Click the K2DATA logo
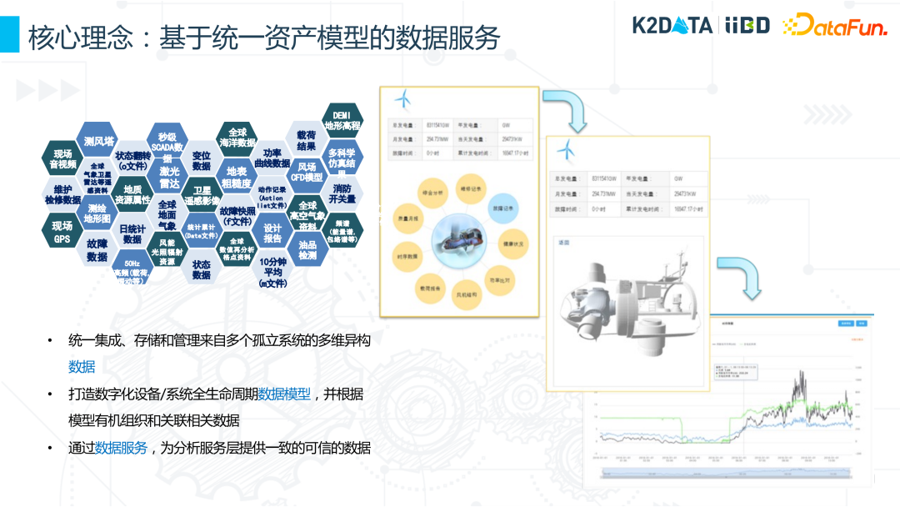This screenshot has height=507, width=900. pyautogui.click(x=672, y=24)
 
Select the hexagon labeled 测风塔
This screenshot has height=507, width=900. pyautogui.click(x=98, y=141)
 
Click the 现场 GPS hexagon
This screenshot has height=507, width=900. pyautogui.click(x=62, y=232)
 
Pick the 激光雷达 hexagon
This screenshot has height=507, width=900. pyautogui.click(x=169, y=177)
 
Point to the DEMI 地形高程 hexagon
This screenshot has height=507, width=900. pyautogui.click(x=342, y=120)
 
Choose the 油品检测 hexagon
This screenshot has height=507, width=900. pyautogui.click(x=307, y=249)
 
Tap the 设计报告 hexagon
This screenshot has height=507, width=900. pyautogui.click(x=272, y=233)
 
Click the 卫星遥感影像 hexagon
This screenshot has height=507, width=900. pyautogui.click(x=202, y=195)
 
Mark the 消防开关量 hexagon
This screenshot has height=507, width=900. pyautogui.click(x=342, y=193)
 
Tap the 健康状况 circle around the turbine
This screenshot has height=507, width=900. pyautogui.click(x=512, y=244)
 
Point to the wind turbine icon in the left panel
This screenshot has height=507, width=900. pyautogui.click(x=403, y=99)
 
